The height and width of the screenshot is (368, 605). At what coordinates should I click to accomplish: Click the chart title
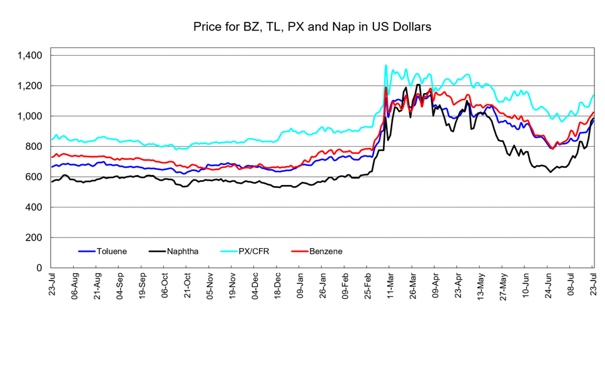point(312,27)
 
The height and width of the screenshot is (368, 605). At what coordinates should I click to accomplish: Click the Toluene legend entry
point(103,251)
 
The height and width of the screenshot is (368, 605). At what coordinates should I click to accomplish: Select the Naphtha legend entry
point(174,251)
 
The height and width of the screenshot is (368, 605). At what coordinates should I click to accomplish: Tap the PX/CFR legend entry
point(245,251)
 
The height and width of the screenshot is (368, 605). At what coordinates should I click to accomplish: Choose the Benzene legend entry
point(317,251)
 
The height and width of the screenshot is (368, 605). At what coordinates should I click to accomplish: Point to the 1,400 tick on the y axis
point(29,56)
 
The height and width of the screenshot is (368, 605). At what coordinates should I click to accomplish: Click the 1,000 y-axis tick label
point(29,116)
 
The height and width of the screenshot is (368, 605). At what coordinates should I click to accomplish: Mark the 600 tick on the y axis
point(34,177)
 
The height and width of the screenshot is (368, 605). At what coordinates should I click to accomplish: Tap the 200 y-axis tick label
point(34,237)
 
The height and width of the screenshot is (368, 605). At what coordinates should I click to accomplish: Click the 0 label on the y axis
point(39,268)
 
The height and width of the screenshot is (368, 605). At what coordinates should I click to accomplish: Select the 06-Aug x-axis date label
point(75,286)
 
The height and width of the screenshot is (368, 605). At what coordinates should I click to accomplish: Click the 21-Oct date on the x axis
point(188,286)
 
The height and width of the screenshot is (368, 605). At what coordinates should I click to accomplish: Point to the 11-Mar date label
point(390,286)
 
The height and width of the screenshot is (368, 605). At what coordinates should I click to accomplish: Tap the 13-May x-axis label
point(480,286)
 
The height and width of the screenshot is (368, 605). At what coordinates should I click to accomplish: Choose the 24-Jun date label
point(548,286)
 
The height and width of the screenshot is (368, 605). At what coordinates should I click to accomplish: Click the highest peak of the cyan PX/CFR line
point(385,65)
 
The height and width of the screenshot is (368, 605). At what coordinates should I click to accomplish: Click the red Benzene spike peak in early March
point(385,87)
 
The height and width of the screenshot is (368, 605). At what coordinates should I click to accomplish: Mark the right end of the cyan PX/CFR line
point(593,95)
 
